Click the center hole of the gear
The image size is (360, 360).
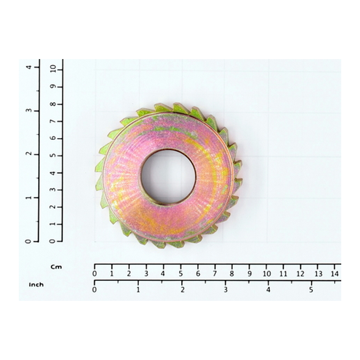[168, 176]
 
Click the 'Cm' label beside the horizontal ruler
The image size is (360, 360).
[56, 267]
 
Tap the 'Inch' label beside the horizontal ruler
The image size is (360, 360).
[36, 285]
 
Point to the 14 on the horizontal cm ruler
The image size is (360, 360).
[335, 274]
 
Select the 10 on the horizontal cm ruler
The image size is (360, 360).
[266, 274]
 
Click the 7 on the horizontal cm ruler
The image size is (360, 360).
[215, 274]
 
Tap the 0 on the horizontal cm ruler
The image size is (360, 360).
[94, 274]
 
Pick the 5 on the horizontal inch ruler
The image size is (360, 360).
[311, 290]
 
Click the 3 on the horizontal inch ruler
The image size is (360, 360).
[226, 290]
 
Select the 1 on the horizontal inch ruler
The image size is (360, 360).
[138, 290]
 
